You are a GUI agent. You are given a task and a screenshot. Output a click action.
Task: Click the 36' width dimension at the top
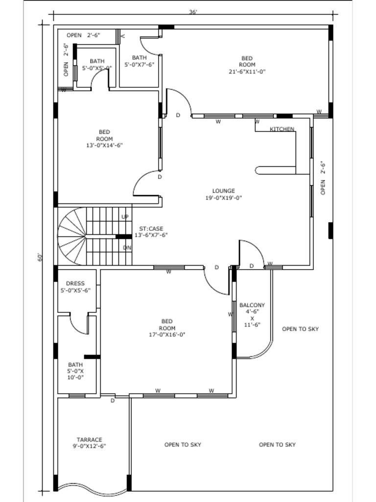click(x=193, y=12)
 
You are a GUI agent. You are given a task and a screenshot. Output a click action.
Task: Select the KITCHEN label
click(x=282, y=129)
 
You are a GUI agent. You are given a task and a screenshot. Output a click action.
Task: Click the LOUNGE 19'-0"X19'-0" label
click(x=223, y=195)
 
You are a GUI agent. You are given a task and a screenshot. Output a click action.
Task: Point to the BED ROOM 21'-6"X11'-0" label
click(x=247, y=65)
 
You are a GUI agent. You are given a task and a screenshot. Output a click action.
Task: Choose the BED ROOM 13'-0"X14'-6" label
click(x=104, y=138)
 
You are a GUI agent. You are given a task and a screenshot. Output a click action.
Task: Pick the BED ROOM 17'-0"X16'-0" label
click(x=166, y=328)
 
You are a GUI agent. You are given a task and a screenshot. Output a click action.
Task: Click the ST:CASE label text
click(x=151, y=229)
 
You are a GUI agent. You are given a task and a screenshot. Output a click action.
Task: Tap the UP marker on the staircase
click(x=125, y=217)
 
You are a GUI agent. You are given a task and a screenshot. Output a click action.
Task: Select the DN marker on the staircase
click(x=127, y=248)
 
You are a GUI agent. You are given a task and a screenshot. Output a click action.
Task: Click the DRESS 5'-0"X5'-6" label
click(x=75, y=287)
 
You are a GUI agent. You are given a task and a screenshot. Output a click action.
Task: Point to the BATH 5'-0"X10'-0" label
click(x=75, y=371)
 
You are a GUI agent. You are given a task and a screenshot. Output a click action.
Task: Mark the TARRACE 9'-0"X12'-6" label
click(x=89, y=443)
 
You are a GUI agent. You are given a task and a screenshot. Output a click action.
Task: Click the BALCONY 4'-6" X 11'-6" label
click(x=252, y=314)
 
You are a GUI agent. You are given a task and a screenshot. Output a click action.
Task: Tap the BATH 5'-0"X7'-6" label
click(x=139, y=61)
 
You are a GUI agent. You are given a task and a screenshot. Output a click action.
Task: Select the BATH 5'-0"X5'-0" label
click(x=97, y=65)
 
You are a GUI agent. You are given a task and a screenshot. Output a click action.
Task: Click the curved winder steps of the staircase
click(x=71, y=236)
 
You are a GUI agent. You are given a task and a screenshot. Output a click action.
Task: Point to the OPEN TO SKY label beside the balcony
click(x=300, y=329)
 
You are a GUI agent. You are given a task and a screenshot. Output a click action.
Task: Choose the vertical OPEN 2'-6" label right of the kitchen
click(x=323, y=178)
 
